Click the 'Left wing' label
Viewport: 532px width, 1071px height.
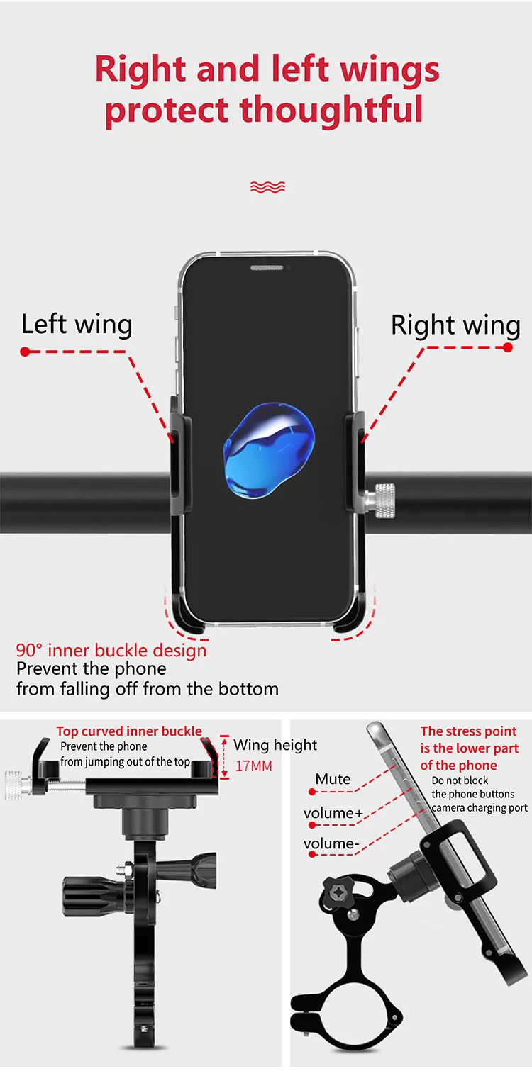coord(77,325)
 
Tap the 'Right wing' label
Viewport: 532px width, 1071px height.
coord(455,325)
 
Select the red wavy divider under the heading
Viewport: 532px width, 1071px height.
coord(267,187)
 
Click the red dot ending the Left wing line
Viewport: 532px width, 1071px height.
coord(25,352)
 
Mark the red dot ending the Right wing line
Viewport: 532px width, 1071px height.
coord(508,347)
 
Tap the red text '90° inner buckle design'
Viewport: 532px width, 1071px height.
coord(111,651)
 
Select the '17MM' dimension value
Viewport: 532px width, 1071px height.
coord(254,766)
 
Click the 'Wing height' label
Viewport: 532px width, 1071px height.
coord(275,745)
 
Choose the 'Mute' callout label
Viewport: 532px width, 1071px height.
coord(333,779)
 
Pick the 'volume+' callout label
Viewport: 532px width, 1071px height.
coord(332,813)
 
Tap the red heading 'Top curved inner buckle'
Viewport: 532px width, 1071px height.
coord(129,731)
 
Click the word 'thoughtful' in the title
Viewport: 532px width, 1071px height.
coord(331,110)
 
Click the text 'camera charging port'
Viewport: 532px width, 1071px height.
coord(480,807)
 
